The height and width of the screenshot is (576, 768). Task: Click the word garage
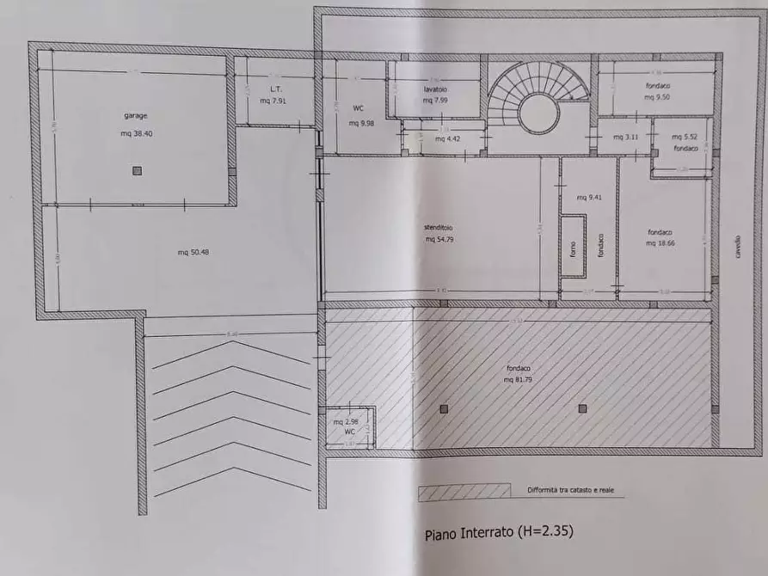point(136,115)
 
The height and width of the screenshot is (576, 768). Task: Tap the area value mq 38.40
point(137,133)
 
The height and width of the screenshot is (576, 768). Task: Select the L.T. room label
point(275,89)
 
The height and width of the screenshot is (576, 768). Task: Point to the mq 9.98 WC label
point(360,123)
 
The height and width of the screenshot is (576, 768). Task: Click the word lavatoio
point(435,89)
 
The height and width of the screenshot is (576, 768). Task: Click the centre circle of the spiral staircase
point(539,113)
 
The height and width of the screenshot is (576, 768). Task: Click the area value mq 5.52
point(684,137)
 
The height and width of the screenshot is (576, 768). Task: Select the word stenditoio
point(438,228)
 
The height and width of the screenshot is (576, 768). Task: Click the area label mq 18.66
point(660,243)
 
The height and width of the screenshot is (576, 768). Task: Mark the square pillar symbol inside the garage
point(137,171)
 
